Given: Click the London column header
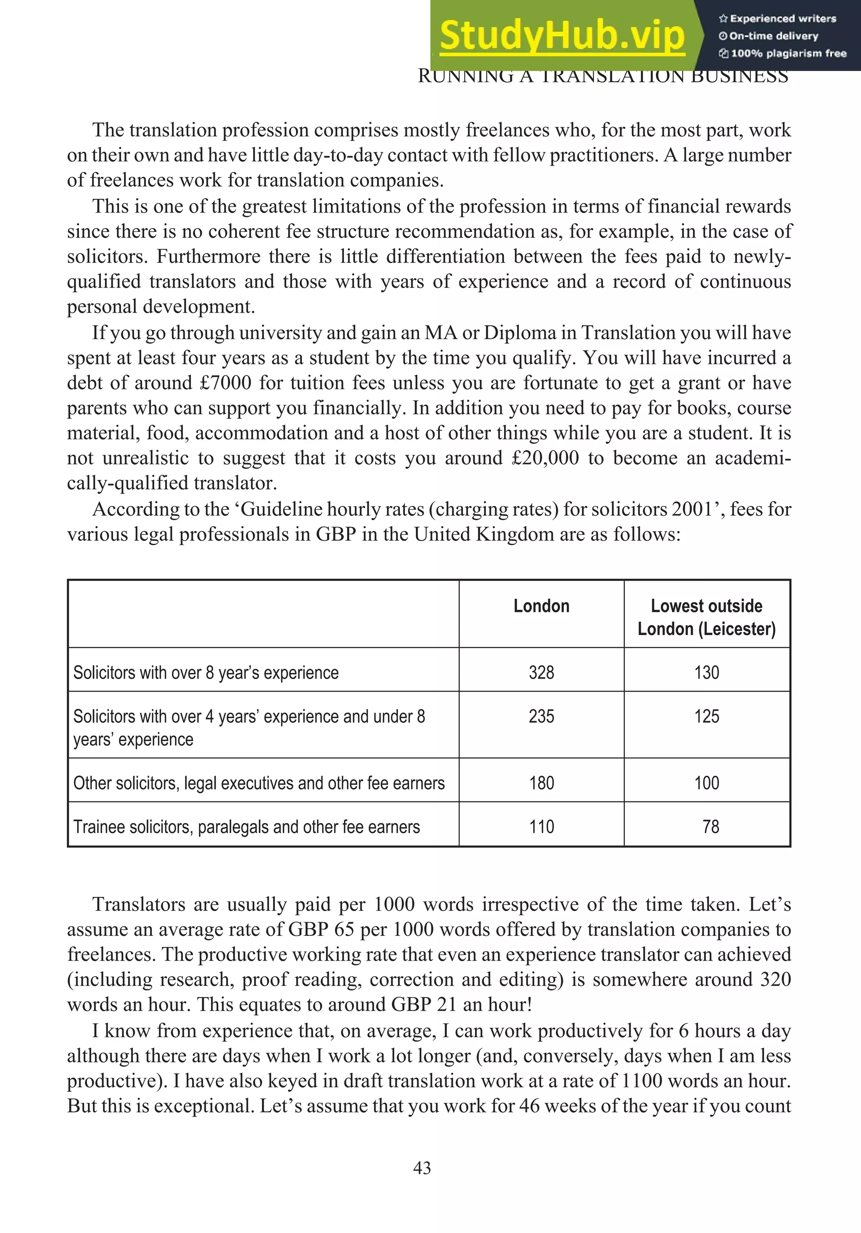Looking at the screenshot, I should click(x=541, y=606).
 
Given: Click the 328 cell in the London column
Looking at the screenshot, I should click(x=541, y=673).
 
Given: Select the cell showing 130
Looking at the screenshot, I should click(x=706, y=673).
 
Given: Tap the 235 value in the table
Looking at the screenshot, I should click(x=541, y=717).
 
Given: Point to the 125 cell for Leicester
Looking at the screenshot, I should click(x=706, y=717).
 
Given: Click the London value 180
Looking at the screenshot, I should click(x=541, y=783).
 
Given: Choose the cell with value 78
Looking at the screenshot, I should click(x=710, y=827).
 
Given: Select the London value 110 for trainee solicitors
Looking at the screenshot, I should click(x=541, y=827).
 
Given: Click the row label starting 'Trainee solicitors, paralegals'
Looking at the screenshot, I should click(x=246, y=827).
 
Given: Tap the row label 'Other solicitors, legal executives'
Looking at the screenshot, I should click(x=259, y=783).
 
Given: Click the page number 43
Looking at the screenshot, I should click(x=422, y=1168).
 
